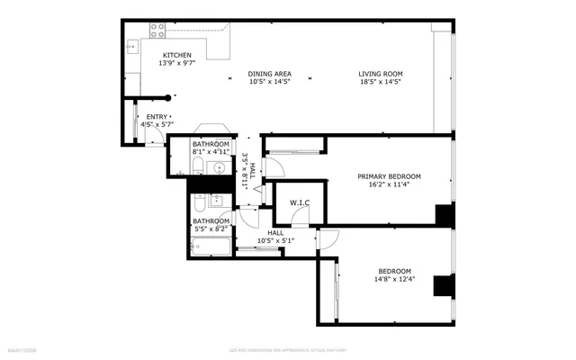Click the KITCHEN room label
pyautogui.click(x=151, y=55)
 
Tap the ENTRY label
pyautogui.click(x=157, y=117)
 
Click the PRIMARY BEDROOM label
pyautogui.click(x=384, y=176)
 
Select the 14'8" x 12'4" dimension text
pyautogui.click(x=394, y=279)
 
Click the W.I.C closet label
pyautogui.click(x=300, y=202)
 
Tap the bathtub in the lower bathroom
pyautogui.click(x=211, y=244)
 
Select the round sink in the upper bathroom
pyautogui.click(x=218, y=167)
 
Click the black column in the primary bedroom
pyautogui.click(x=444, y=216)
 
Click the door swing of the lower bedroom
pyautogui.click(x=328, y=238)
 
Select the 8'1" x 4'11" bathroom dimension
pyautogui.click(x=211, y=152)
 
